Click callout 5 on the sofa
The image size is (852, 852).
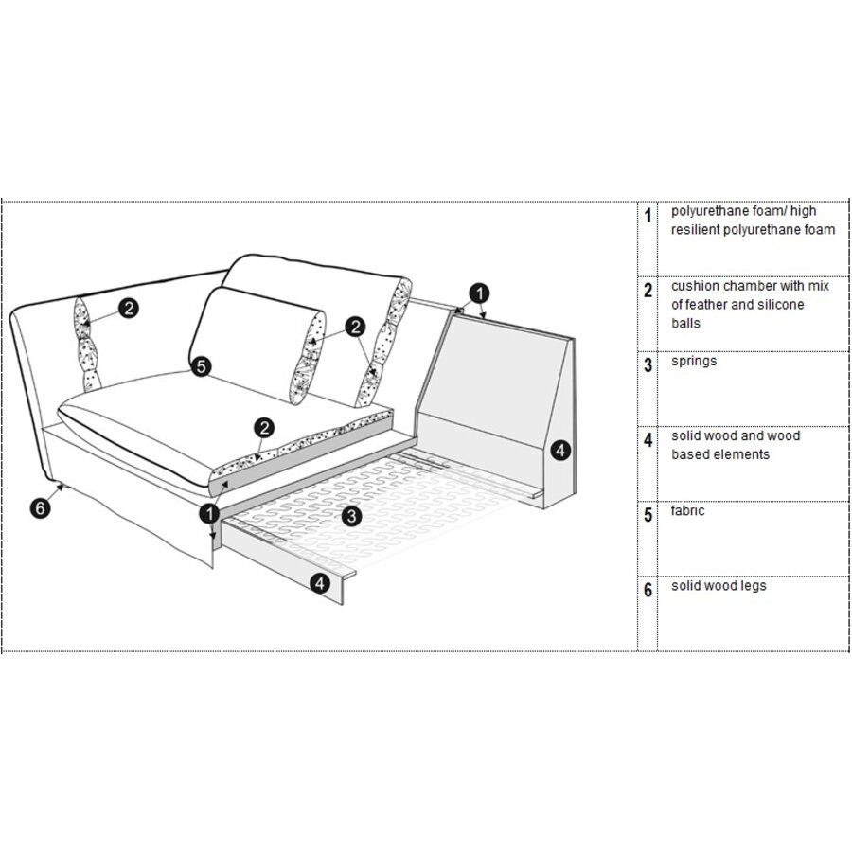coord(201,365)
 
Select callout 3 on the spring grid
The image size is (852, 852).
coord(350,516)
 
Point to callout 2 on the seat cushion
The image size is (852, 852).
coord(264,427)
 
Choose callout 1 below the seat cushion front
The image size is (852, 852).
coord(207,513)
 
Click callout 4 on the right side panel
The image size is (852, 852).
coord(560,451)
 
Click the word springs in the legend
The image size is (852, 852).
coord(694,361)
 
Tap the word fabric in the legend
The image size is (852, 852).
coord(688,511)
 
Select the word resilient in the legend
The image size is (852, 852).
coord(698,230)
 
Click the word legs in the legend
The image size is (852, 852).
coord(751,586)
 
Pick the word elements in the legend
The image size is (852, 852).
coord(743,454)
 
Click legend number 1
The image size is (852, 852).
coord(648,216)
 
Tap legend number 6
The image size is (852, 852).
coord(648,591)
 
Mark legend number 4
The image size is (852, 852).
coord(648,440)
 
